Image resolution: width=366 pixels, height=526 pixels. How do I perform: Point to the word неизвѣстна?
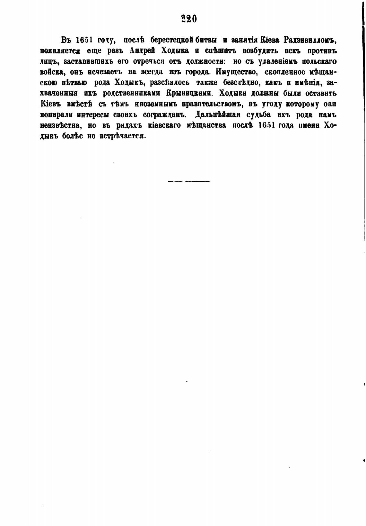60,125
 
